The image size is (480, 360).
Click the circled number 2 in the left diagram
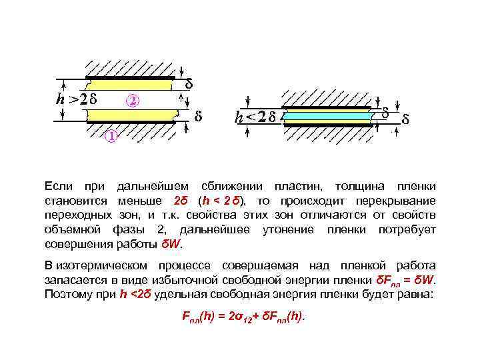(x=133, y=101)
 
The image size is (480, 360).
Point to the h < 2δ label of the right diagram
(x=255, y=117)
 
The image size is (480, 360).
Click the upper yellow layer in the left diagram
(x=129, y=85)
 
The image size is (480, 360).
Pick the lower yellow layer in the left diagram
(x=129, y=115)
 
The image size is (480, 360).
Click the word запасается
(x=75, y=279)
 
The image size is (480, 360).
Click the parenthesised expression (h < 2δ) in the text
(x=220, y=201)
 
